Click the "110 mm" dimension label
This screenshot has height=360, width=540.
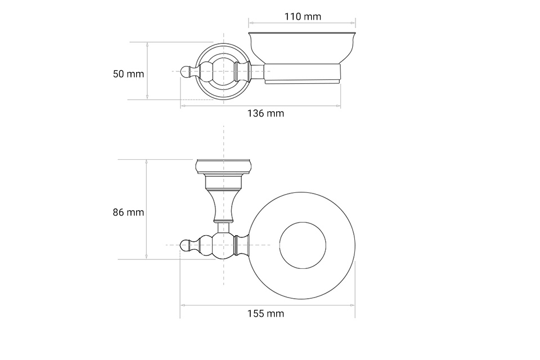303,16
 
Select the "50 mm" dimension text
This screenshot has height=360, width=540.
128,74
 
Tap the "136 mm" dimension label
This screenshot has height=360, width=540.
265,114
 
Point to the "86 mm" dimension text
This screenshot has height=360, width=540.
128,213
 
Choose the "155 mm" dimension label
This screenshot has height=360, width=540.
265,314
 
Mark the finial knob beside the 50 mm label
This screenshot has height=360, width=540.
186,71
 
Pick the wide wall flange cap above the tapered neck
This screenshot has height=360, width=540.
223,166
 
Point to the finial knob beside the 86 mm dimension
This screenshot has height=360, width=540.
186,245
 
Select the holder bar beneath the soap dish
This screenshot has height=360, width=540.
301,73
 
